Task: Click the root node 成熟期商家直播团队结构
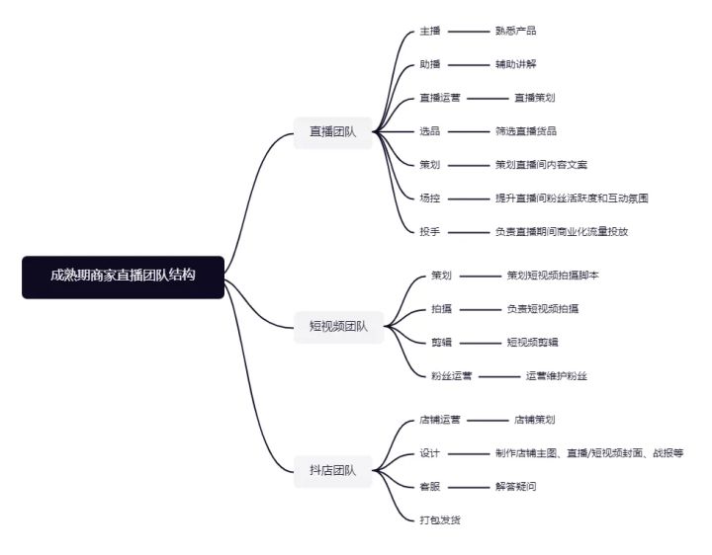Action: tap(123, 277)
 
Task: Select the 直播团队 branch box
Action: tap(333, 132)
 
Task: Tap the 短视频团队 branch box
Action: tap(339, 327)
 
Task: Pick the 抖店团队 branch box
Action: tap(333, 471)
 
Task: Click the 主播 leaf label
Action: tap(430, 31)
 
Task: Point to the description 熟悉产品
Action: tap(516, 31)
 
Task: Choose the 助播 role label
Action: tap(430, 64)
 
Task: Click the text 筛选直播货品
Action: tap(526, 131)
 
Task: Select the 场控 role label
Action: tap(430, 198)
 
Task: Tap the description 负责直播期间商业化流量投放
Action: tap(562, 232)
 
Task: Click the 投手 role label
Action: tap(430, 232)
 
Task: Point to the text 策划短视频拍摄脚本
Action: tap(553, 276)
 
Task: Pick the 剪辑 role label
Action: tap(441, 343)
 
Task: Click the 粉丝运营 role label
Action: tap(451, 376)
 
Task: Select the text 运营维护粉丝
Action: tap(557, 376)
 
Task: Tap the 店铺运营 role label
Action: tap(440, 420)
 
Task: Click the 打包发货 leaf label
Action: tap(440, 520)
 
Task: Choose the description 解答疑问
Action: tap(516, 487)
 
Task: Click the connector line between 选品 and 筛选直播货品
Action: tap(469, 132)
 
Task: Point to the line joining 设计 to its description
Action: tap(469, 453)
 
